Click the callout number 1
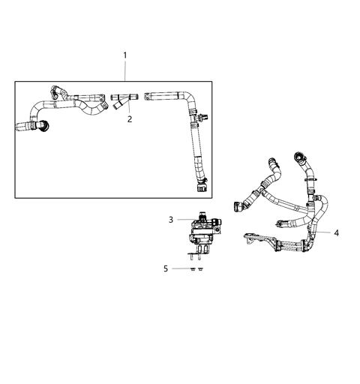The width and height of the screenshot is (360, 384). (x=124, y=55)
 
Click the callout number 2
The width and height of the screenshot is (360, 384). (x=129, y=118)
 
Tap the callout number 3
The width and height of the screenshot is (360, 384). (x=172, y=219)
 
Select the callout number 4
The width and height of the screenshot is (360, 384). (x=336, y=233)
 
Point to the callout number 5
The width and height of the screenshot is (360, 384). (x=166, y=268)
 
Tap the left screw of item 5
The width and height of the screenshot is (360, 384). (x=193, y=268)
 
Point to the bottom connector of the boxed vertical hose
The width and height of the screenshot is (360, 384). (x=200, y=181)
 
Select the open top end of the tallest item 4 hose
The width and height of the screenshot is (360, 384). (x=299, y=160)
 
